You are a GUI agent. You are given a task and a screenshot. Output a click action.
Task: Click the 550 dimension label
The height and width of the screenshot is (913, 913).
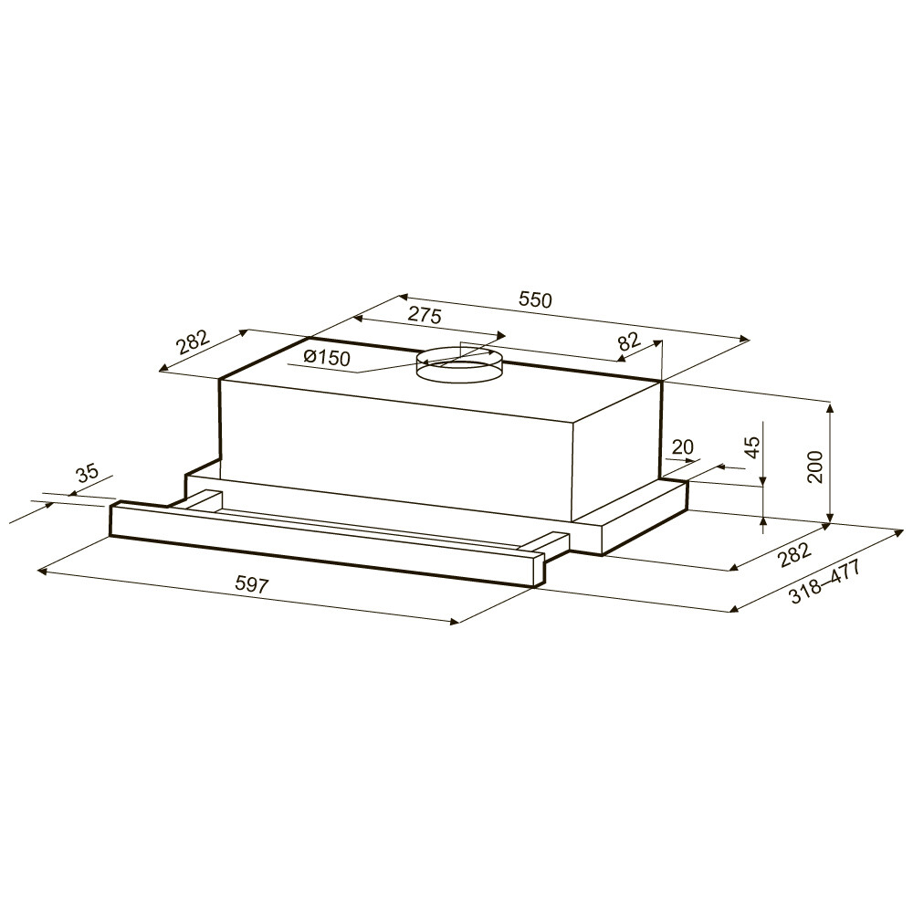[x=534, y=300]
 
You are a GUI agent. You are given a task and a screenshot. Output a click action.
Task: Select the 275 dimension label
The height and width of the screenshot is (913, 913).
[x=425, y=316]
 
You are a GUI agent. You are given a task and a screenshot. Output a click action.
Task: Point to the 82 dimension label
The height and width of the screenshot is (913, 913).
[x=629, y=341]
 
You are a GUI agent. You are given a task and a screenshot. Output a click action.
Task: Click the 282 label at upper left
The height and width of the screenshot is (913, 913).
[x=193, y=343]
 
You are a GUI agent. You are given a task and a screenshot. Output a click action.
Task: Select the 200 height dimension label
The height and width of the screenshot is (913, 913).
[x=815, y=467]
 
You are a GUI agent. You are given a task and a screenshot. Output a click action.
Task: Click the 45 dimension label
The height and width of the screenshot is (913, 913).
[x=753, y=447]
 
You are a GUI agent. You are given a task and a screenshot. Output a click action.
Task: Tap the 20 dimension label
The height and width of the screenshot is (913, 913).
[x=682, y=447]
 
